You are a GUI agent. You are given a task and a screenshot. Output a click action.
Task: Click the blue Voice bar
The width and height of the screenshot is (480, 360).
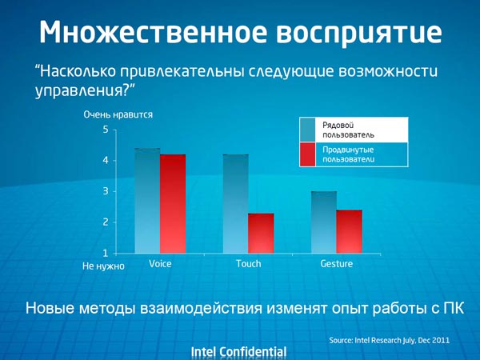(x=147, y=201)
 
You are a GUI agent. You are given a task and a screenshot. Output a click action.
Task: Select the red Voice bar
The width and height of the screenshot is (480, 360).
(x=173, y=204)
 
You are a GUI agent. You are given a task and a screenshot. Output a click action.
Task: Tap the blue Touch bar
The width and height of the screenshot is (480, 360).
(x=235, y=204)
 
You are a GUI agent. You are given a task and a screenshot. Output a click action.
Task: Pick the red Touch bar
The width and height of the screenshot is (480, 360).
(x=261, y=233)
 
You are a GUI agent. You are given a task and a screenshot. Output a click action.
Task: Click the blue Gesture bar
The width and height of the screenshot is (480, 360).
(x=324, y=222)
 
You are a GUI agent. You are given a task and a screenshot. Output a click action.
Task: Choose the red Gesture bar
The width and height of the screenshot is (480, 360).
(x=350, y=231)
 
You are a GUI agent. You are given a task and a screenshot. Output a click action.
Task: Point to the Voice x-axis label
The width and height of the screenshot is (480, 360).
(x=160, y=264)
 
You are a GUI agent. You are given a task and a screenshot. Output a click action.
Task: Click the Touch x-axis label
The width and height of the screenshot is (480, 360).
(x=249, y=264)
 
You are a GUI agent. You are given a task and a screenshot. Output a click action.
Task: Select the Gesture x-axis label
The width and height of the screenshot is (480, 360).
(x=336, y=264)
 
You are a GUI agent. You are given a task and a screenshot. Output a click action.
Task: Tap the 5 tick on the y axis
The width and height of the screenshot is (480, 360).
(x=106, y=130)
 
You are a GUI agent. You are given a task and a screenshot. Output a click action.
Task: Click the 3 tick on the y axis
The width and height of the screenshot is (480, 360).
(x=106, y=192)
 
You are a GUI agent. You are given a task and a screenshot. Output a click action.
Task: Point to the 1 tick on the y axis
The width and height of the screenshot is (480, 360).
(x=106, y=254)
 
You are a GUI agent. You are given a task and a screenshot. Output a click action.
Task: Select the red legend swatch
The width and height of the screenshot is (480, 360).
(x=308, y=154)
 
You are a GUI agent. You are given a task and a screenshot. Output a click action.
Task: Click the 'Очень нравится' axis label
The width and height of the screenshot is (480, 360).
(x=118, y=114)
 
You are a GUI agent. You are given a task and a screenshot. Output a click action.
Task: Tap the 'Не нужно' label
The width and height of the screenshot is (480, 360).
(x=104, y=266)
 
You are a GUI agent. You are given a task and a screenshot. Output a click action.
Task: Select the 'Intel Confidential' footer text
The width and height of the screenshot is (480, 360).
(x=238, y=351)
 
